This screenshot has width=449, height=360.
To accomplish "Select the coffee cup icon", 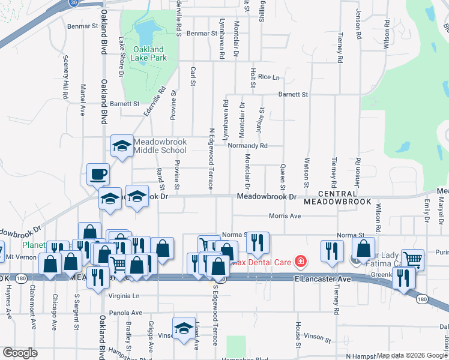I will [x=98, y=175].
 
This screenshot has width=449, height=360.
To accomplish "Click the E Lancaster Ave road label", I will [x=322, y=279].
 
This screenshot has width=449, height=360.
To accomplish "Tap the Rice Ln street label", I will [x=268, y=77].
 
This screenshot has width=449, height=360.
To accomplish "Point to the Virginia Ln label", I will [x=124, y=296].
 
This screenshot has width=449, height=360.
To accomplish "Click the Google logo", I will [x=20, y=353].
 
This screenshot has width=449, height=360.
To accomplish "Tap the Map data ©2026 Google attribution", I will [x=411, y=355].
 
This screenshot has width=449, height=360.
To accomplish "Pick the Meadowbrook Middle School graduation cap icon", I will [x=122, y=146].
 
